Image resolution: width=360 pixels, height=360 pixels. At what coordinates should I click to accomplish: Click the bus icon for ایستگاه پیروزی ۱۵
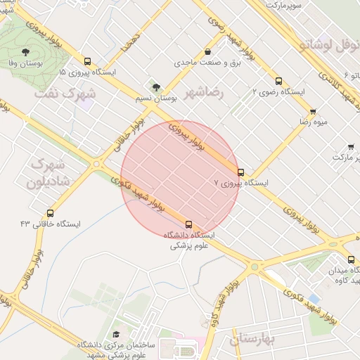click(87, 61)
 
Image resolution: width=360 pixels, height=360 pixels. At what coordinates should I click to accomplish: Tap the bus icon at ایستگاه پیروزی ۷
click(240, 172)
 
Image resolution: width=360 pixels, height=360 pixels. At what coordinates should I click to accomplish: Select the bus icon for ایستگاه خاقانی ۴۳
click(50, 213)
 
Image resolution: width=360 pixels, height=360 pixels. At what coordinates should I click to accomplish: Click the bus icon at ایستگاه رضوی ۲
click(279, 81)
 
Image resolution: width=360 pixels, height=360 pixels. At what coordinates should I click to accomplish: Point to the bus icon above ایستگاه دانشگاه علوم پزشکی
click(188, 224)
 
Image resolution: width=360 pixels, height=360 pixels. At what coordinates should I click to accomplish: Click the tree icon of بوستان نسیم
click(156, 88)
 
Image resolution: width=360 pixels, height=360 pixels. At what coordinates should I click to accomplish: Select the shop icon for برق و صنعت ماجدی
click(207, 52)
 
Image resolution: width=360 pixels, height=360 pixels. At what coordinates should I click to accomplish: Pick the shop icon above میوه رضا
click(313, 111)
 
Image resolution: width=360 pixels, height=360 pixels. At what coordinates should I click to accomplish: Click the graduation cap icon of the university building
click(116, 335)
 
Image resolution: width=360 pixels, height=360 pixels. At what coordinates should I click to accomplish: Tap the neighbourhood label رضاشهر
click(203, 92)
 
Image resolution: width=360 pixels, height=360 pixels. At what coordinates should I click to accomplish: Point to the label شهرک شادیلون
click(50, 173)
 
